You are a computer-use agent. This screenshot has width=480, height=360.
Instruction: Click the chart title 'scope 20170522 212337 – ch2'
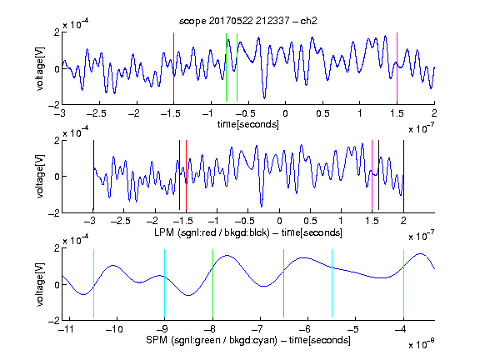[248, 21]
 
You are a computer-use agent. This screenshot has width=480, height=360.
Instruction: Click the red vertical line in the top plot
[173, 67]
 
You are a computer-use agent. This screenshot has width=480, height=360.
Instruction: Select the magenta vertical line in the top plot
[397, 67]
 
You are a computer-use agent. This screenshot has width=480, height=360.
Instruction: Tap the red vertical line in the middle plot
[186, 175]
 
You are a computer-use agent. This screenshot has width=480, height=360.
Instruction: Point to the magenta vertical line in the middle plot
[372, 175]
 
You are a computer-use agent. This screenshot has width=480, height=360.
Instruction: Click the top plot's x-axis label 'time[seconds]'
[248, 124]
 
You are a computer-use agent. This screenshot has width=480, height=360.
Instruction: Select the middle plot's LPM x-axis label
[248, 232]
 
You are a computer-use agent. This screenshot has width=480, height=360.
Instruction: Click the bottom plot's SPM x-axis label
[248, 340]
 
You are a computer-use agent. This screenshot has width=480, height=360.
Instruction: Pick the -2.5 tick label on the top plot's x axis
[96, 113]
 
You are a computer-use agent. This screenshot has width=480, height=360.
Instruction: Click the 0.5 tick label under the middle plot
[310, 221]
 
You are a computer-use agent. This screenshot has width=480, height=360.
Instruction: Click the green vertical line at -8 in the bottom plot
[212, 283]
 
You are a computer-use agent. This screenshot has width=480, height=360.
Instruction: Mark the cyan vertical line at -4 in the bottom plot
[403, 283]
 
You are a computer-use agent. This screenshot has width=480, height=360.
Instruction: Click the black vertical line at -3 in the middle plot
[93, 175]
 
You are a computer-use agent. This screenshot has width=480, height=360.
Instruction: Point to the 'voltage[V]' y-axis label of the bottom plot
[40, 284]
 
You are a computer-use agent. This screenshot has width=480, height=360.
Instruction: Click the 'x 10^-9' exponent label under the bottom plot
[421, 344]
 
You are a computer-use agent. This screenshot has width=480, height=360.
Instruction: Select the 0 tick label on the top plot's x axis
[285, 113]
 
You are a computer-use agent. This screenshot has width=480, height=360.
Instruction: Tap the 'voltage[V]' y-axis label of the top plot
[40, 68]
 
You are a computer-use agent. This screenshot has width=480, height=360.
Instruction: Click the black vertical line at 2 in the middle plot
[403, 175]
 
